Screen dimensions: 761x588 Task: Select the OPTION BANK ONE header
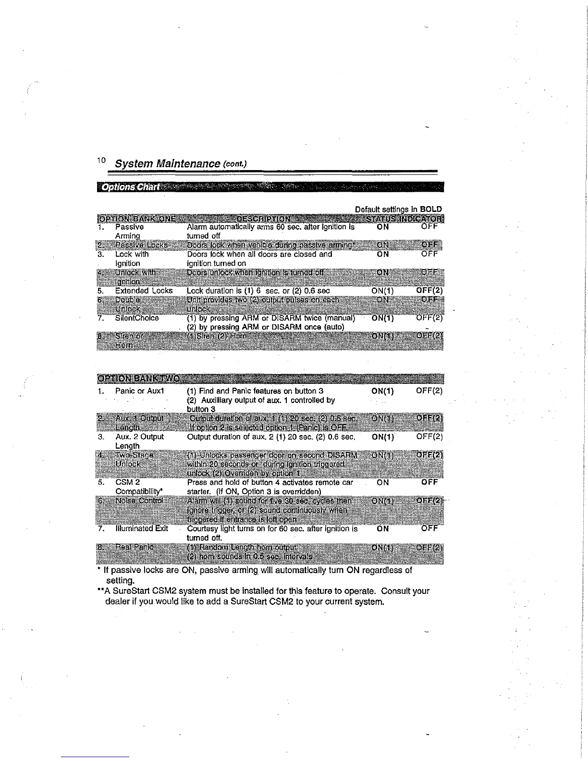point(136,219)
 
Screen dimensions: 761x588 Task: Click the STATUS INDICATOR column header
point(405,219)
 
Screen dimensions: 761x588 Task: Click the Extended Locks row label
point(144,291)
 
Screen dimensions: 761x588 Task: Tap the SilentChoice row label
point(137,318)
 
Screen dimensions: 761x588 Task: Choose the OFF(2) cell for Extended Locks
point(429,291)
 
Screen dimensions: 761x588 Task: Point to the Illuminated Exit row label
point(142,528)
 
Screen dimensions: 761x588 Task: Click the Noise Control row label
point(139,501)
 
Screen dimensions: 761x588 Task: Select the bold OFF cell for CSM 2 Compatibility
point(429,482)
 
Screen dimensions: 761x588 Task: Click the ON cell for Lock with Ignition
point(383,255)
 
